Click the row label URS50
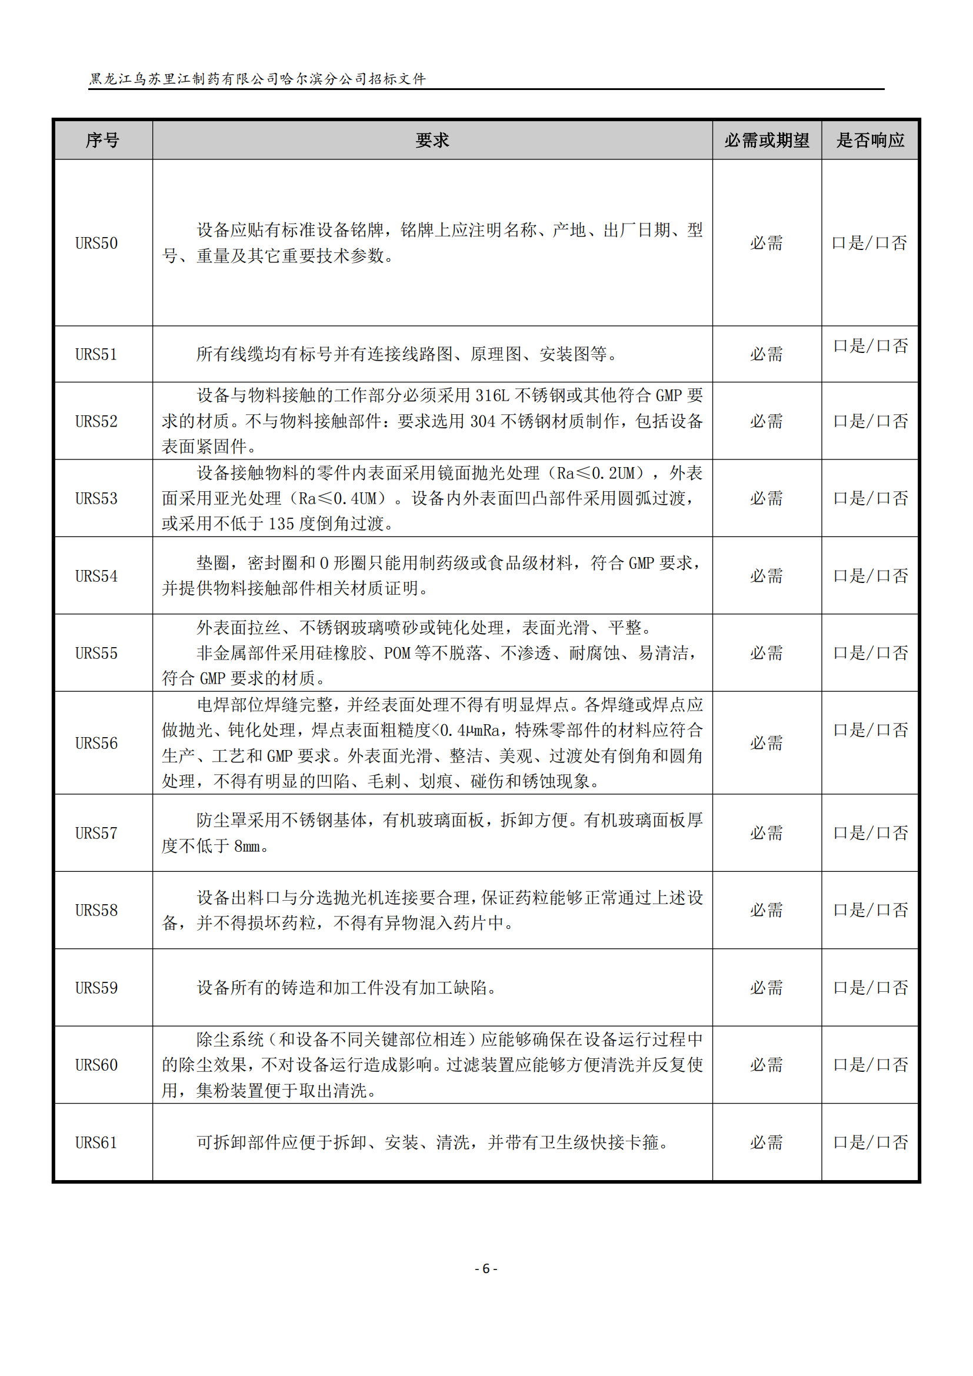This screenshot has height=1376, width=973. pyautogui.click(x=96, y=244)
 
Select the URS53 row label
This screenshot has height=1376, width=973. pyautogui.click(x=96, y=499)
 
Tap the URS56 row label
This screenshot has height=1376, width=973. pyautogui.click(x=96, y=743)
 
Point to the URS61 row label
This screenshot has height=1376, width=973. pyautogui.click(x=96, y=1142)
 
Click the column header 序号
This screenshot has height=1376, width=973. pyautogui.click(x=102, y=140)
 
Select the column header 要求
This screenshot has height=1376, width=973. pyautogui.click(x=432, y=140)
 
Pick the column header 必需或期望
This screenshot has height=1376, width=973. pyautogui.click(x=767, y=140)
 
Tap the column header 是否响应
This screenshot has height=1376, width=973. pyautogui.click(x=870, y=140)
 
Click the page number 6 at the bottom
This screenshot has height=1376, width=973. pyautogui.click(x=486, y=1269)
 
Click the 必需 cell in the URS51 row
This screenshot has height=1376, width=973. pyautogui.click(x=767, y=354)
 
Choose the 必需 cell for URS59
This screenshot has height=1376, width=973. pyautogui.click(x=767, y=988)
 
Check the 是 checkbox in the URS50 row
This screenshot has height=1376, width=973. pyautogui.click(x=839, y=244)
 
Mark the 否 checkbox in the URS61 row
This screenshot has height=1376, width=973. pyautogui.click(x=883, y=1142)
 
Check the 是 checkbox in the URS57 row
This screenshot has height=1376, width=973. pyautogui.click(x=840, y=833)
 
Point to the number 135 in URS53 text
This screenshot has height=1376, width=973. pyautogui.click(x=281, y=524)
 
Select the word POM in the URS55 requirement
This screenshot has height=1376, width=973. pyautogui.click(x=396, y=652)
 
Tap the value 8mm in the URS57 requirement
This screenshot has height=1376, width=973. pyautogui.click(x=247, y=846)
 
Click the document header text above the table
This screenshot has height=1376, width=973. pyautogui.click(x=258, y=79)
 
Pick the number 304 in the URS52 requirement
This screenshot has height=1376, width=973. pyautogui.click(x=482, y=421)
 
